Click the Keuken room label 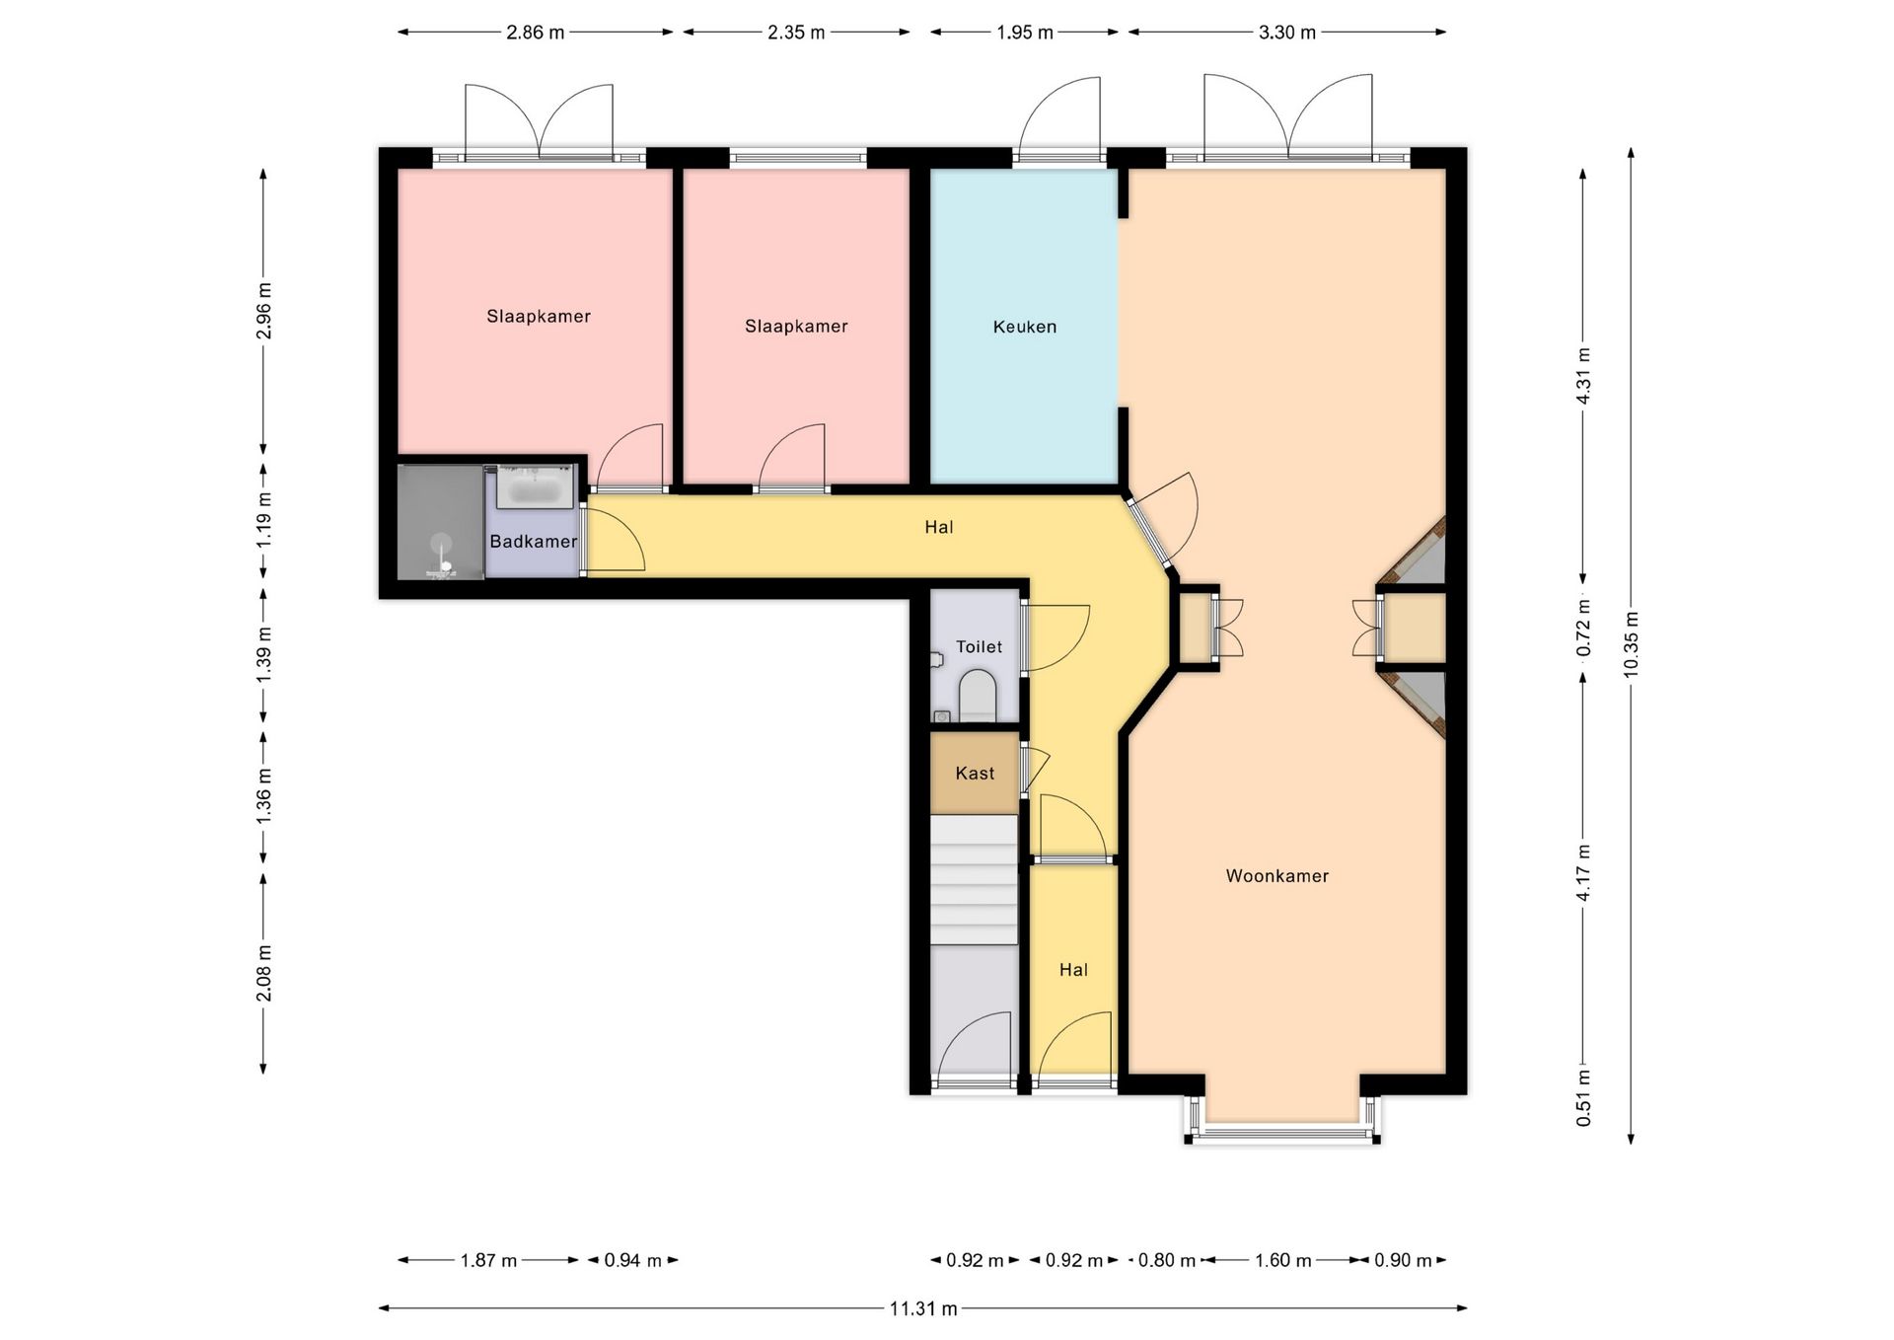click(1024, 327)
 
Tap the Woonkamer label click(1276, 875)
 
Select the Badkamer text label click(534, 541)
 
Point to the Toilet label click(979, 646)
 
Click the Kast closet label click(975, 773)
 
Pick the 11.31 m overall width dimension click(923, 1308)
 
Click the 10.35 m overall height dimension click(1631, 643)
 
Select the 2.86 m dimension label click(536, 33)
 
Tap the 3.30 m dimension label click(1287, 33)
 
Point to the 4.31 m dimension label click(1583, 376)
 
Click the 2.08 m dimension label click(263, 972)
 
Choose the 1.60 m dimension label click(1283, 1260)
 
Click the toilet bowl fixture click(978, 696)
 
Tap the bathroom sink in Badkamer click(535, 488)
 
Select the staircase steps click(974, 880)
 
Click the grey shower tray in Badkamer click(440, 523)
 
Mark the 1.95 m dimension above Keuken click(1025, 33)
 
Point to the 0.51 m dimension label click(1583, 1097)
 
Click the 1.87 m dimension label click(488, 1260)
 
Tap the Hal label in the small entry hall click(1073, 970)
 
